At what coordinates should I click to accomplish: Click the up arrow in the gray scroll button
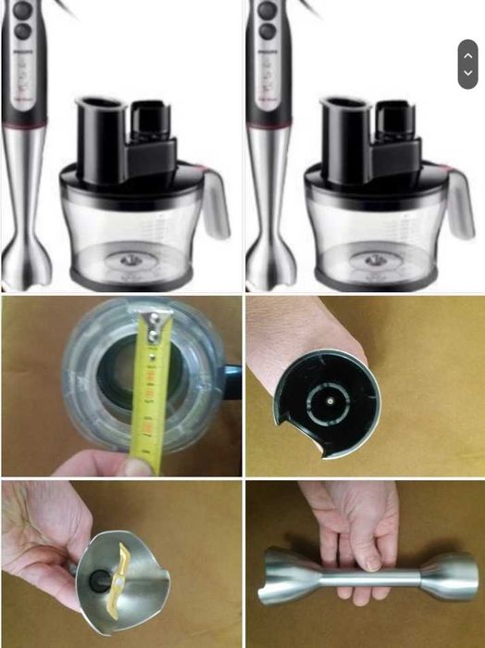(x=467, y=56)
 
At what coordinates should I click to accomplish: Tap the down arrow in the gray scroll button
(x=467, y=73)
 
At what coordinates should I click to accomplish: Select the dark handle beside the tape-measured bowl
(x=230, y=381)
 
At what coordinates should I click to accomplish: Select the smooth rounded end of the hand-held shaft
(x=453, y=576)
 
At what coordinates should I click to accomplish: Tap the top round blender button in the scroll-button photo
(x=266, y=11)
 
